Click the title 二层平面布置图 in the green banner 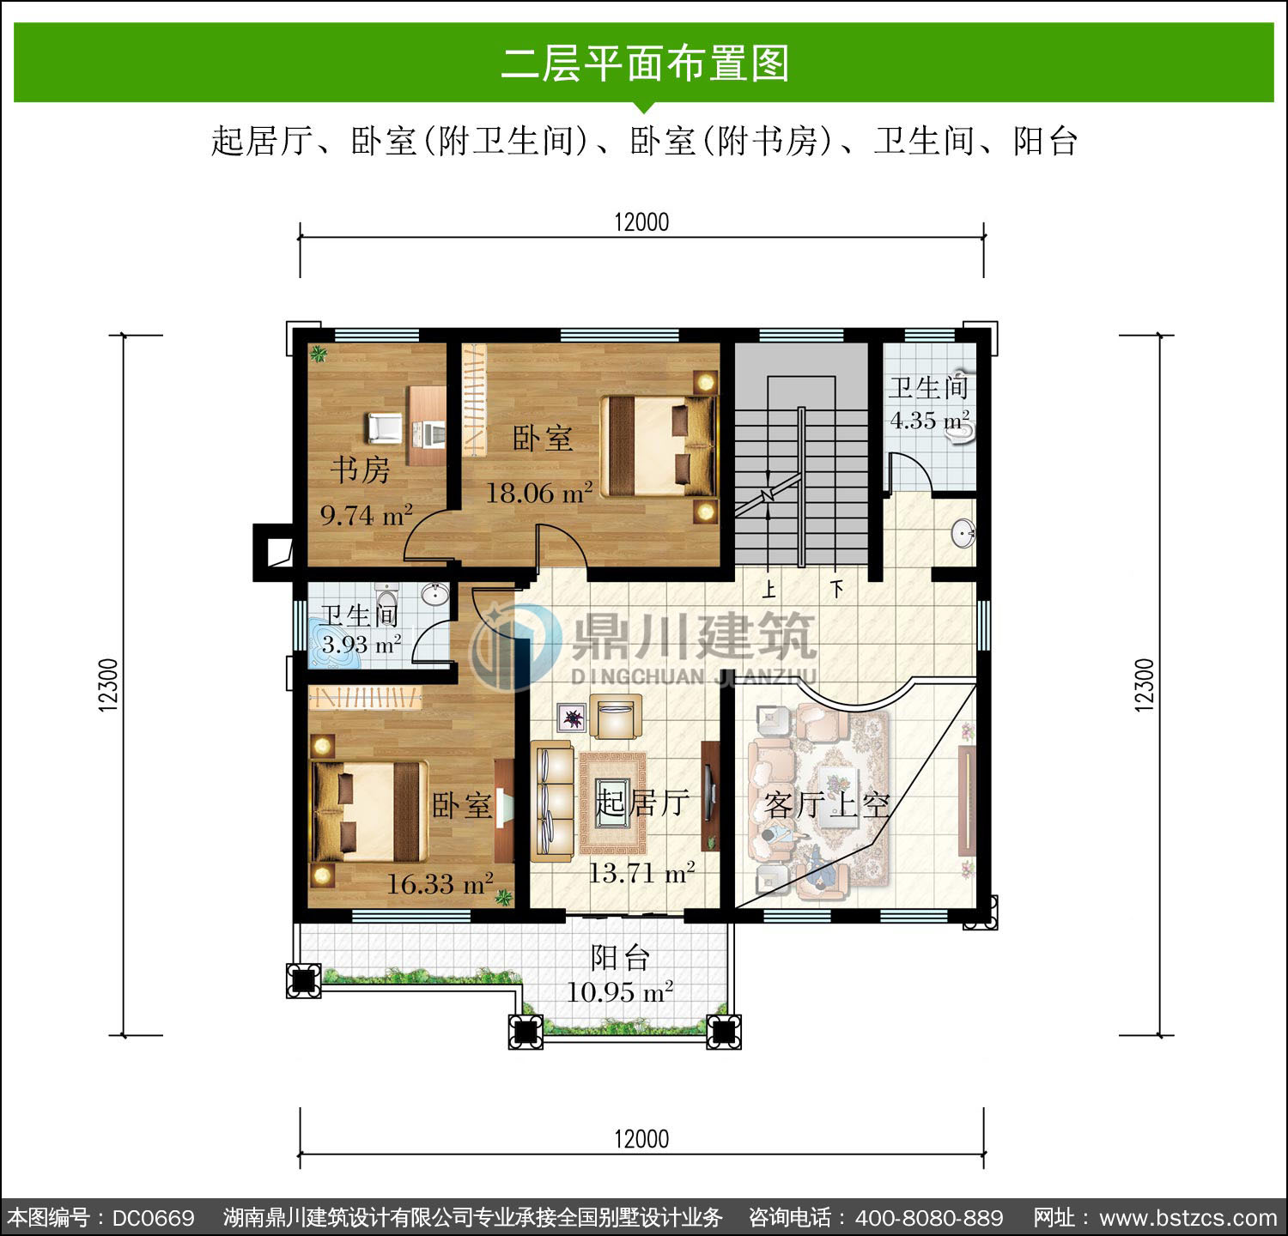(645, 64)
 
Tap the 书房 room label (361, 470)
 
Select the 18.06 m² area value (539, 492)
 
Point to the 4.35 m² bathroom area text (930, 420)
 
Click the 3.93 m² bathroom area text (361, 644)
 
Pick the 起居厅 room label (643, 803)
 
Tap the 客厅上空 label (826, 805)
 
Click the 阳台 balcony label (620, 957)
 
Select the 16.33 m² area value (440, 883)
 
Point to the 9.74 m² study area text (367, 514)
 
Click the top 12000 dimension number (641, 221)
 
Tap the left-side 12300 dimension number (108, 685)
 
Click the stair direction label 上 (769, 589)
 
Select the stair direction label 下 (837, 589)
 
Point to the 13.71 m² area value (641, 873)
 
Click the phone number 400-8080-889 (929, 1218)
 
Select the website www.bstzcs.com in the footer (1188, 1218)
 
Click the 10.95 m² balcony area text (619, 991)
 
